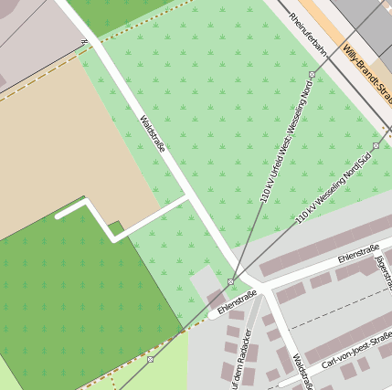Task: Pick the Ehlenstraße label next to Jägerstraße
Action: click(358, 252)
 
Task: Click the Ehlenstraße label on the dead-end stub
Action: click(237, 298)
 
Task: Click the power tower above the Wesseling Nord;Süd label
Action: click(376, 145)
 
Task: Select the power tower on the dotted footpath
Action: click(150, 359)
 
